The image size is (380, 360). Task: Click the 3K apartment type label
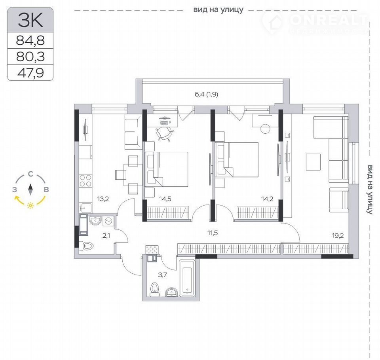(30, 20)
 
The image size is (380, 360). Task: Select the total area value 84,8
(30, 40)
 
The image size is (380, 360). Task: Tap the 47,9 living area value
(30, 73)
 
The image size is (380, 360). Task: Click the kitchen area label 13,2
(103, 199)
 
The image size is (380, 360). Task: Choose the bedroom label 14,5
(165, 199)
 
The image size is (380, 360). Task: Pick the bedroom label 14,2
(267, 199)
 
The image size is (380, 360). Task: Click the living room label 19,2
(338, 235)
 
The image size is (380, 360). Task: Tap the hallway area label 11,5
(213, 233)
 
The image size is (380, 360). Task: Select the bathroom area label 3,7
(162, 275)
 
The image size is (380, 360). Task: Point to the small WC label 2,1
(106, 235)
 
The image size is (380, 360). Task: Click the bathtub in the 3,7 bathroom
(187, 278)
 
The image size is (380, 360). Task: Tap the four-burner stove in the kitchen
(85, 180)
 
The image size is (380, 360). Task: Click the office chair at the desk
(165, 133)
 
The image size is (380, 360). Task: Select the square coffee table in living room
(313, 162)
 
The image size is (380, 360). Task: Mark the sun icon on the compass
(30, 206)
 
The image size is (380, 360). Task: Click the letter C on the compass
(30, 174)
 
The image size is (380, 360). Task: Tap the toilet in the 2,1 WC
(87, 246)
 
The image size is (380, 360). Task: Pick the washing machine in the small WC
(108, 221)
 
